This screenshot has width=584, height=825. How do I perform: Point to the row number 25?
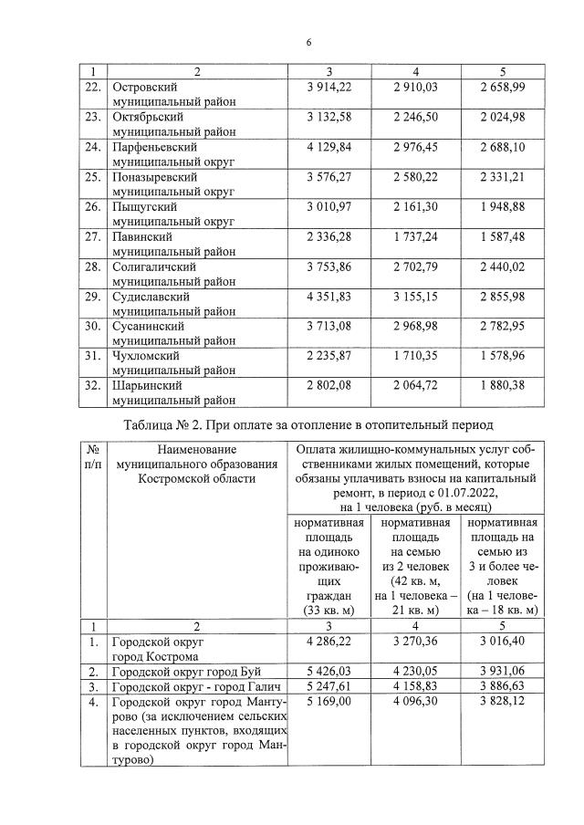pyautogui.click(x=92, y=175)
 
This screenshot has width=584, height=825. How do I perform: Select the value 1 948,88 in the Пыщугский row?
pyautogui.click(x=504, y=206)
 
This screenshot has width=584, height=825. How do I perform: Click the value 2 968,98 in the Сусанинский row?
pyautogui.click(x=416, y=326)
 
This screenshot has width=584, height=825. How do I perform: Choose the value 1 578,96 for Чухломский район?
pyautogui.click(x=504, y=356)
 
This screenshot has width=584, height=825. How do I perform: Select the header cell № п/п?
pyautogui.click(x=92, y=456)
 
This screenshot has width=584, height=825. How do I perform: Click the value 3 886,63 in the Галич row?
pyautogui.click(x=504, y=686)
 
